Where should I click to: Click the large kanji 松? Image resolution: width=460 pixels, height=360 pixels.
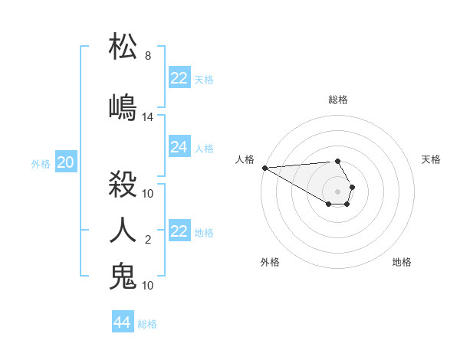pyautogui.click(x=123, y=47)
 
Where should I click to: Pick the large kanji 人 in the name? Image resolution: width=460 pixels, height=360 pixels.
pyautogui.click(x=123, y=229)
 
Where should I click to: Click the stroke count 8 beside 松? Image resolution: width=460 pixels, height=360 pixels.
pyautogui.click(x=147, y=56)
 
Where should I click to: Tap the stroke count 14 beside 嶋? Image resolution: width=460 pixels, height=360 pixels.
pyautogui.click(x=148, y=117)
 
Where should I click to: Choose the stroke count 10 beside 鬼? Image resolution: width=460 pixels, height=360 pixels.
pyautogui.click(x=148, y=286)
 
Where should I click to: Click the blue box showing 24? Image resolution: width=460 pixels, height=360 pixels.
pyautogui.click(x=179, y=147)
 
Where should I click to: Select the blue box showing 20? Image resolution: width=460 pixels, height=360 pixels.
pyautogui.click(x=66, y=162)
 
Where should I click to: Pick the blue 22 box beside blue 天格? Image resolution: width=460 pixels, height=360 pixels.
pyautogui.click(x=179, y=78)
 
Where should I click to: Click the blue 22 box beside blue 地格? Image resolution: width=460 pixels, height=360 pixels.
pyautogui.click(x=179, y=231)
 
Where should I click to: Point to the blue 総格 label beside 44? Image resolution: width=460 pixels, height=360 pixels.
pyautogui.click(x=147, y=324)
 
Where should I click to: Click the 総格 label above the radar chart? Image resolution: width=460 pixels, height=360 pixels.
pyautogui.click(x=338, y=100)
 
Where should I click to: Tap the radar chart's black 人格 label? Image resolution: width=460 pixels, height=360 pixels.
pyautogui.click(x=245, y=159)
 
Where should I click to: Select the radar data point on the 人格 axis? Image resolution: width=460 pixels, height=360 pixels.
pyautogui.click(x=264, y=168)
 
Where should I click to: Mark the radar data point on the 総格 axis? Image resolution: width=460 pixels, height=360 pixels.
pyautogui.click(x=337, y=161)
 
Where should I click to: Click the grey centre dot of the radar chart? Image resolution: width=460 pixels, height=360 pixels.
pyautogui.click(x=337, y=191)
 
